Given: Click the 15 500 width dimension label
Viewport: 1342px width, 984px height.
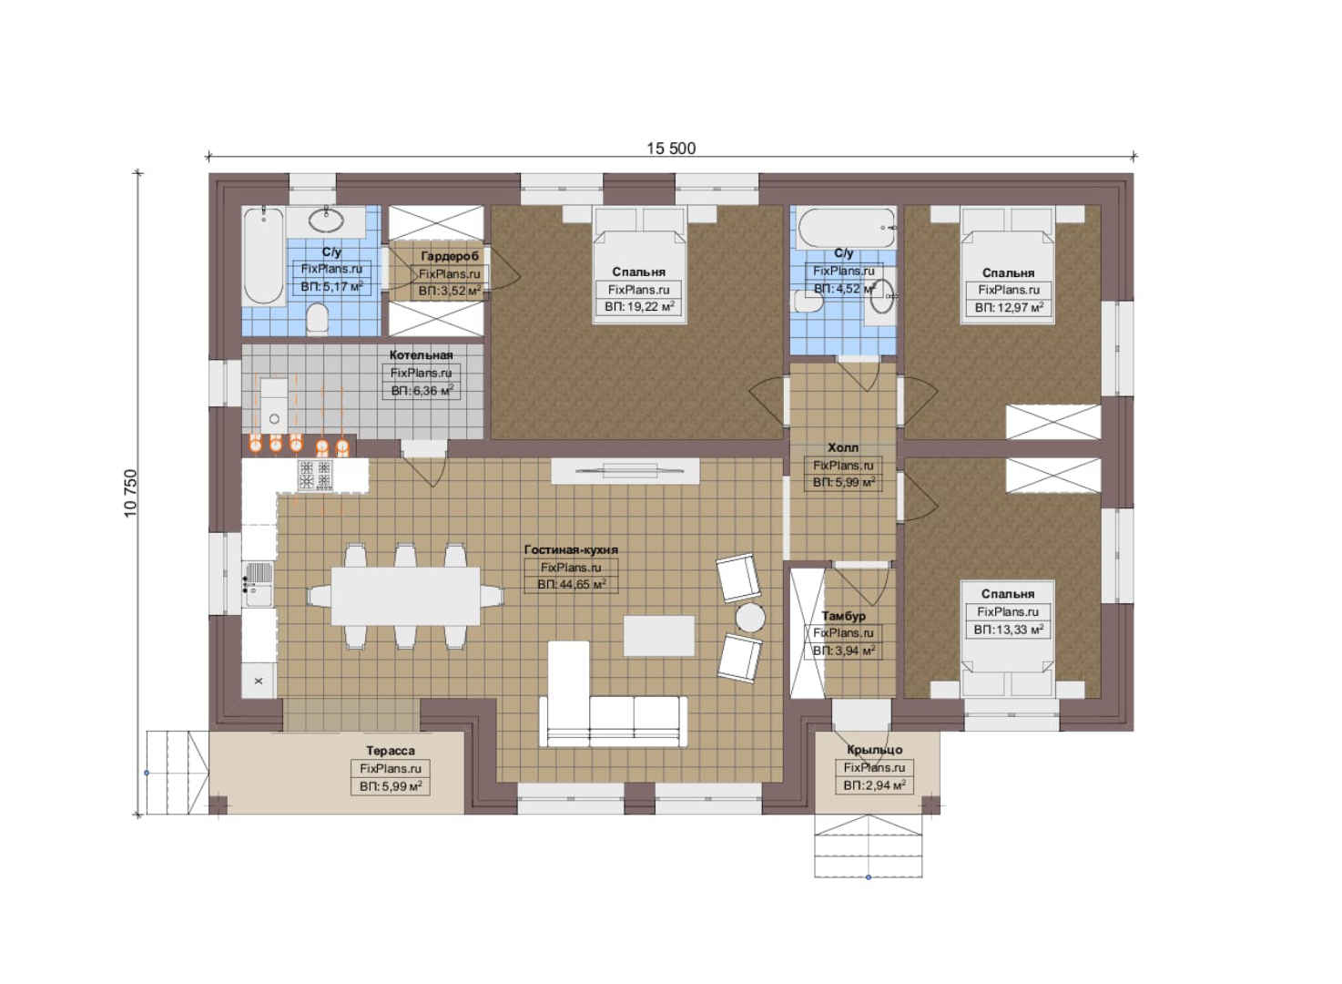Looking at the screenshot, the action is point(671,149).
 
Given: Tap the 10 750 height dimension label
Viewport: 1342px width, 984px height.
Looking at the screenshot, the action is point(130,493).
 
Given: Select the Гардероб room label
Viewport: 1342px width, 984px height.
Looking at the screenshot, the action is point(450,256).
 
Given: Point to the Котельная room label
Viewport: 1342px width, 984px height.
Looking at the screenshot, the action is point(422,355).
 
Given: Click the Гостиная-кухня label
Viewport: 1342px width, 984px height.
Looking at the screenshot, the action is point(571,549).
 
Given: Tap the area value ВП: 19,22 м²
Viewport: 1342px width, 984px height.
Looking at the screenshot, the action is point(639,307).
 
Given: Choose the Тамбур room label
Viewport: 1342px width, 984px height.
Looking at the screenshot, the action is point(844,616).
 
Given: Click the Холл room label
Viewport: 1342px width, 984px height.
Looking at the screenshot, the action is point(843,447).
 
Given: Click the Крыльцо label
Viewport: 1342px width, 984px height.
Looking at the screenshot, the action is point(875,750).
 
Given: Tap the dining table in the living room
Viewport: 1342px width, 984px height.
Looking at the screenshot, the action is point(405,596).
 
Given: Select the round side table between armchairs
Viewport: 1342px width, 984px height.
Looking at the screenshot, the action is point(750,618).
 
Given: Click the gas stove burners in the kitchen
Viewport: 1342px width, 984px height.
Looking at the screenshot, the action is point(315,475).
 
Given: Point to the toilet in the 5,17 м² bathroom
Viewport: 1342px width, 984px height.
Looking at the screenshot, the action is point(318,319).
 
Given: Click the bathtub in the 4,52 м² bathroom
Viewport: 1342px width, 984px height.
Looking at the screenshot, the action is point(847,228).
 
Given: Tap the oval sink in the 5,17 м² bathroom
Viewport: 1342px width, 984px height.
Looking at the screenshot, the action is point(326,220).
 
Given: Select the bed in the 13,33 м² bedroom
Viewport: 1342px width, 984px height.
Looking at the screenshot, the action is point(1008,639).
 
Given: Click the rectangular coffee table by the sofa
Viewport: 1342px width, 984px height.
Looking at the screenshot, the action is point(659,636).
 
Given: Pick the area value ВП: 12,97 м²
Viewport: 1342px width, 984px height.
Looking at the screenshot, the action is point(1009,307).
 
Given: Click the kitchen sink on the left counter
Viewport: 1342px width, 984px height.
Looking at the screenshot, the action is point(259,583).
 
